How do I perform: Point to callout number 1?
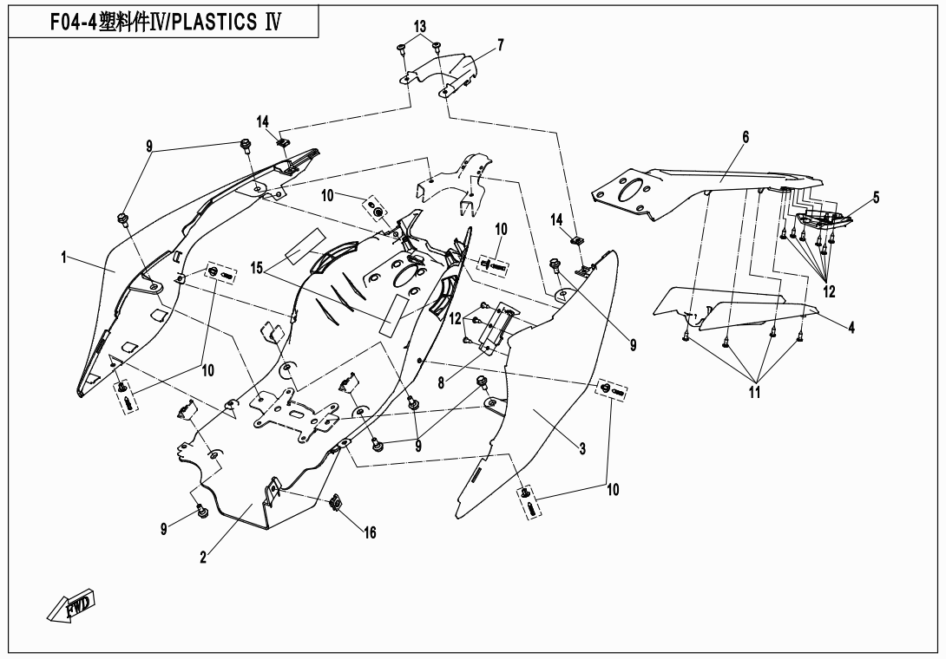(x=63, y=257)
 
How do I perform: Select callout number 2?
(x=203, y=558)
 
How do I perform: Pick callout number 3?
(x=582, y=448)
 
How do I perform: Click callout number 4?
(x=851, y=327)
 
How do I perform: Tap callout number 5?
(x=876, y=198)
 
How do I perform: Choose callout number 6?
(x=745, y=136)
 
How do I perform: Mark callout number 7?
(x=501, y=43)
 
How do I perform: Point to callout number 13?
(x=420, y=26)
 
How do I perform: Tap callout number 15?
(x=256, y=269)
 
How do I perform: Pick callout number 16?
(x=370, y=532)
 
